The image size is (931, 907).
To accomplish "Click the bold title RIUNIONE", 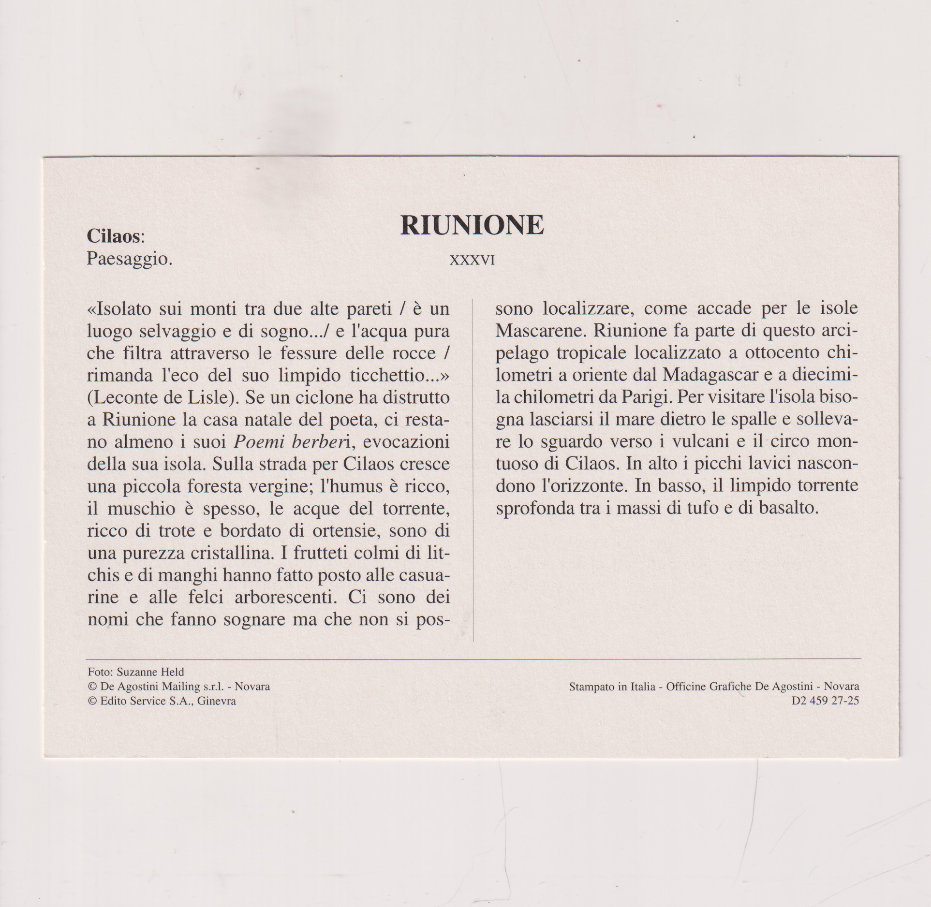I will click(x=472, y=225).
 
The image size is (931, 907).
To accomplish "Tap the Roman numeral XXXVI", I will click(x=472, y=260).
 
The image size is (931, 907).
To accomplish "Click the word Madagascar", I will click(x=709, y=375).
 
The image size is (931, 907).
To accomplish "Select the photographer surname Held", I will click(x=173, y=672).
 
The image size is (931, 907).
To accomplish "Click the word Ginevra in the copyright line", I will click(x=217, y=701).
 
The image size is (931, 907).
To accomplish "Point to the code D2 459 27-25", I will click(x=825, y=701).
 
